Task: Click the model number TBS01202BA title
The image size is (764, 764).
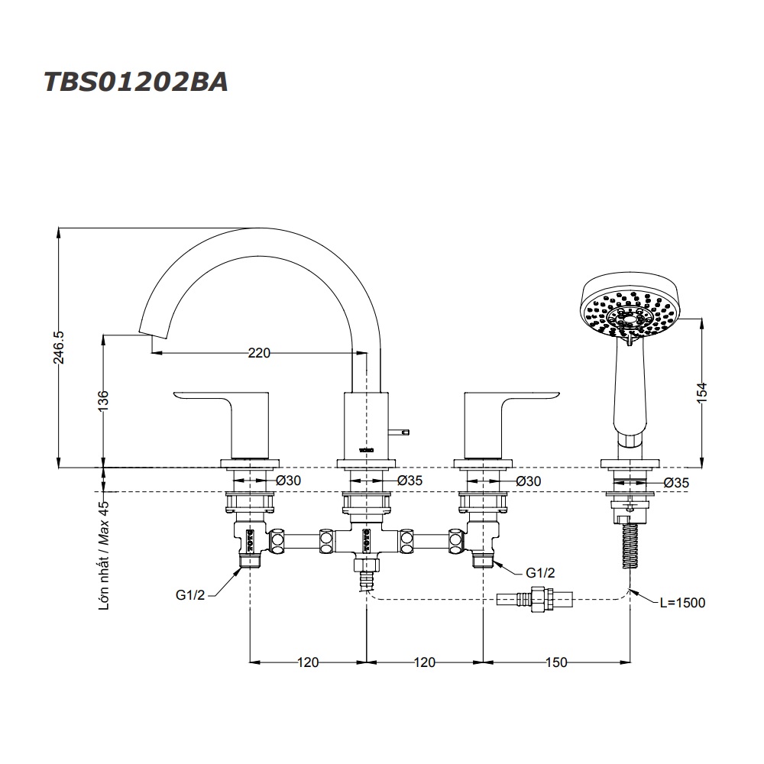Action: tap(134, 82)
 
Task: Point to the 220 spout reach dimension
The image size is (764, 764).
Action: tap(260, 353)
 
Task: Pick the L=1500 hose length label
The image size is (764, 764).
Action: tap(682, 603)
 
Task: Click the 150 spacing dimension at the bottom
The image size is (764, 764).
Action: tap(557, 662)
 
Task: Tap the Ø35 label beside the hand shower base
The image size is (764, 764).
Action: tap(678, 482)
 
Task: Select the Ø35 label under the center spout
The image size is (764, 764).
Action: tap(410, 481)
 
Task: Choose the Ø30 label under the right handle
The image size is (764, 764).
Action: tap(529, 481)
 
